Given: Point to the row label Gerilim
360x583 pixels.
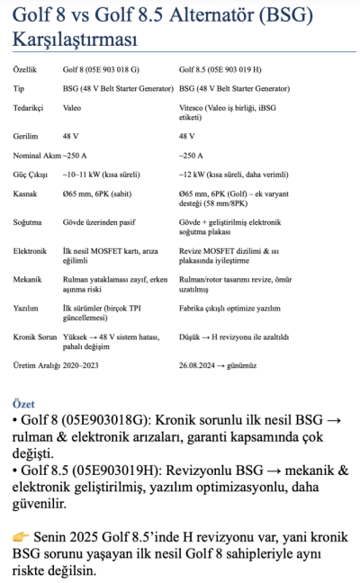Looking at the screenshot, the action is (x=27, y=136).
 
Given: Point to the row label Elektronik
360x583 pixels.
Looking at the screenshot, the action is (x=31, y=251).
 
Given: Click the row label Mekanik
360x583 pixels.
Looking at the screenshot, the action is (x=30, y=281).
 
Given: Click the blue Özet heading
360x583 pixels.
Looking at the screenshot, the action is (x=24, y=405).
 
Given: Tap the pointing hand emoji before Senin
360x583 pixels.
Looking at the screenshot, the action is (x=22, y=536).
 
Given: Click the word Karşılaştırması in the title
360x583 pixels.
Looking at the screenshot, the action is (x=76, y=40).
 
